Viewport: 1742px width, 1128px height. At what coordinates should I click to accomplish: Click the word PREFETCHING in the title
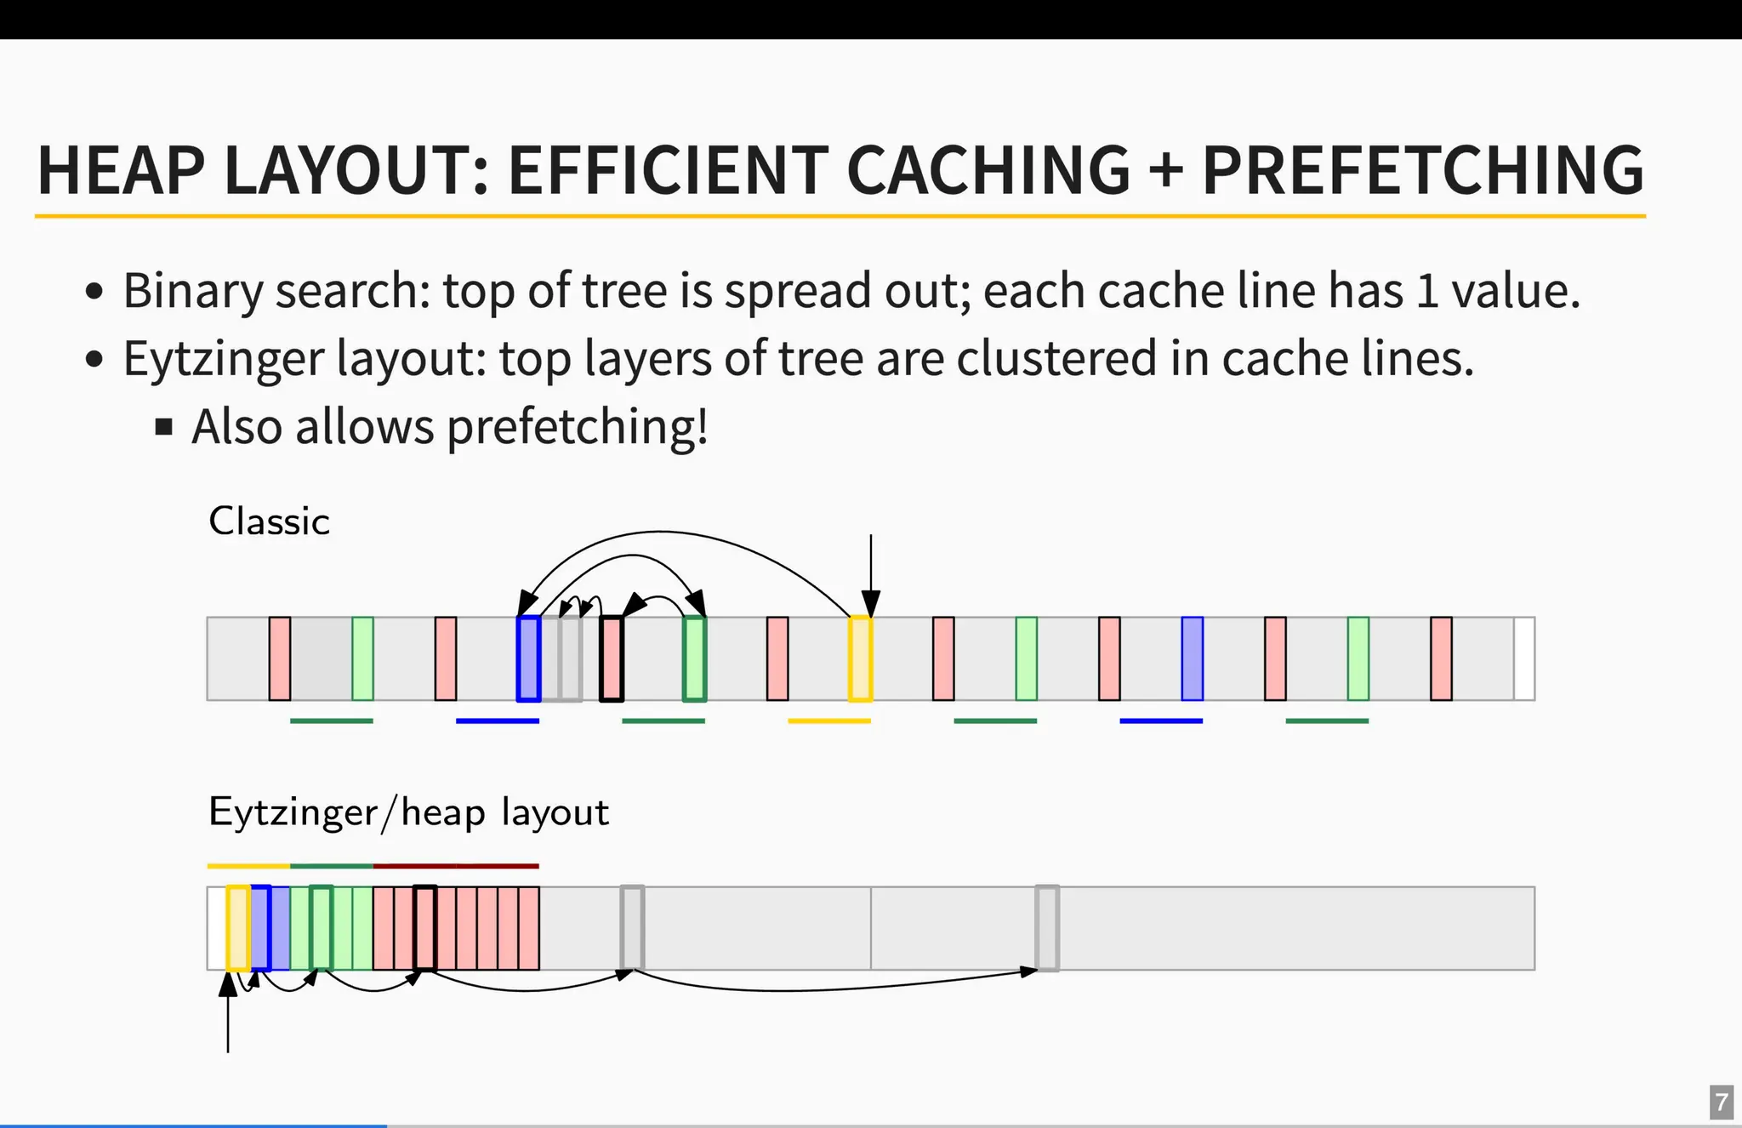click(x=1422, y=170)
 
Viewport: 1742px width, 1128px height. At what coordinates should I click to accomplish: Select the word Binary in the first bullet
click(x=193, y=291)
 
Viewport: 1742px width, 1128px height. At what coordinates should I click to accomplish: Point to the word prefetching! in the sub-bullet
click(x=578, y=426)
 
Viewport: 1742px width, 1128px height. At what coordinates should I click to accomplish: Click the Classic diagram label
click(x=269, y=521)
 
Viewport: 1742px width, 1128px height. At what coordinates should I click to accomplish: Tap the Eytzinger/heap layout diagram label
click(x=408, y=812)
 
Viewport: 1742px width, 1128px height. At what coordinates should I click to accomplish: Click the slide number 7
click(x=1721, y=1102)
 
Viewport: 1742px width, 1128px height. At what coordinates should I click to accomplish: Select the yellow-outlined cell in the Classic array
click(x=860, y=658)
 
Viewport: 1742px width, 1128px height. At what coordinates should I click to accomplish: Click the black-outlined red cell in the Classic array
click(x=612, y=658)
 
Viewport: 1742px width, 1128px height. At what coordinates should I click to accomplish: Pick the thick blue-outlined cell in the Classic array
click(x=528, y=658)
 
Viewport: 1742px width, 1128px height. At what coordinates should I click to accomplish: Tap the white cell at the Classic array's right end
click(x=1524, y=658)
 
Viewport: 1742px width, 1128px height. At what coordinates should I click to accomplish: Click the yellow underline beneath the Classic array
click(x=829, y=721)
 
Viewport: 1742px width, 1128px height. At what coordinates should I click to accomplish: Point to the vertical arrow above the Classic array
click(x=871, y=570)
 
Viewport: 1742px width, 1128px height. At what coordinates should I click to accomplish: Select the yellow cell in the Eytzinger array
click(x=238, y=928)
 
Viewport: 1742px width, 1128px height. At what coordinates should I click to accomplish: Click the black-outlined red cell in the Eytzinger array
click(x=425, y=928)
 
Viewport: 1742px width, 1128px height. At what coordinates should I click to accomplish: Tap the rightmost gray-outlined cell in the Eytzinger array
click(x=1047, y=928)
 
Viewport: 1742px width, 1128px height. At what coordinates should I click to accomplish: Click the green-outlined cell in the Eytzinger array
click(x=321, y=928)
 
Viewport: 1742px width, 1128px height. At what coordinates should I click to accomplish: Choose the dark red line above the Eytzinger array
click(x=456, y=866)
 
